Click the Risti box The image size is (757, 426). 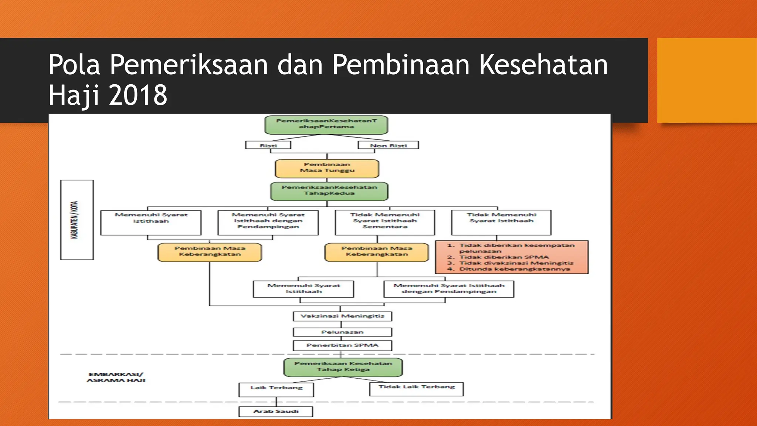[x=268, y=145]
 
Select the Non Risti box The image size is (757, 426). [x=388, y=145]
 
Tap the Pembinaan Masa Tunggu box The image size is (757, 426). [x=327, y=168]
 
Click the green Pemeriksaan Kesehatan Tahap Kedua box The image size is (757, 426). [x=329, y=191]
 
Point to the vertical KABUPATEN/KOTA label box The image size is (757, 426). [x=77, y=220]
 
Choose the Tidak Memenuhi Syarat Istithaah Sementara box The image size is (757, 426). [x=385, y=222]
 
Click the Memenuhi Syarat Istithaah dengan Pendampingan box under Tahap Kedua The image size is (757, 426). [x=268, y=222]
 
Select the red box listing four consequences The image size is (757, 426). [x=512, y=257]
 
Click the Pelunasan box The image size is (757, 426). [x=342, y=332]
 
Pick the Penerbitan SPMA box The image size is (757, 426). [x=342, y=345]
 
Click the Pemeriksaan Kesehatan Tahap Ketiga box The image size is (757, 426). [x=343, y=367]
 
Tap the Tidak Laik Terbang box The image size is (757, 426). [x=416, y=389]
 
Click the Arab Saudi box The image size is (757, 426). [x=276, y=412]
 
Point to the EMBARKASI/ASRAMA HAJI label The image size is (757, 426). [x=116, y=377]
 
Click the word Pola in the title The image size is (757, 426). [x=74, y=65]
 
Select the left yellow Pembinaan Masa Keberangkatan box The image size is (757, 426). [x=210, y=252]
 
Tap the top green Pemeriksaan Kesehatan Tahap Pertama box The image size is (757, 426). [x=326, y=125]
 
